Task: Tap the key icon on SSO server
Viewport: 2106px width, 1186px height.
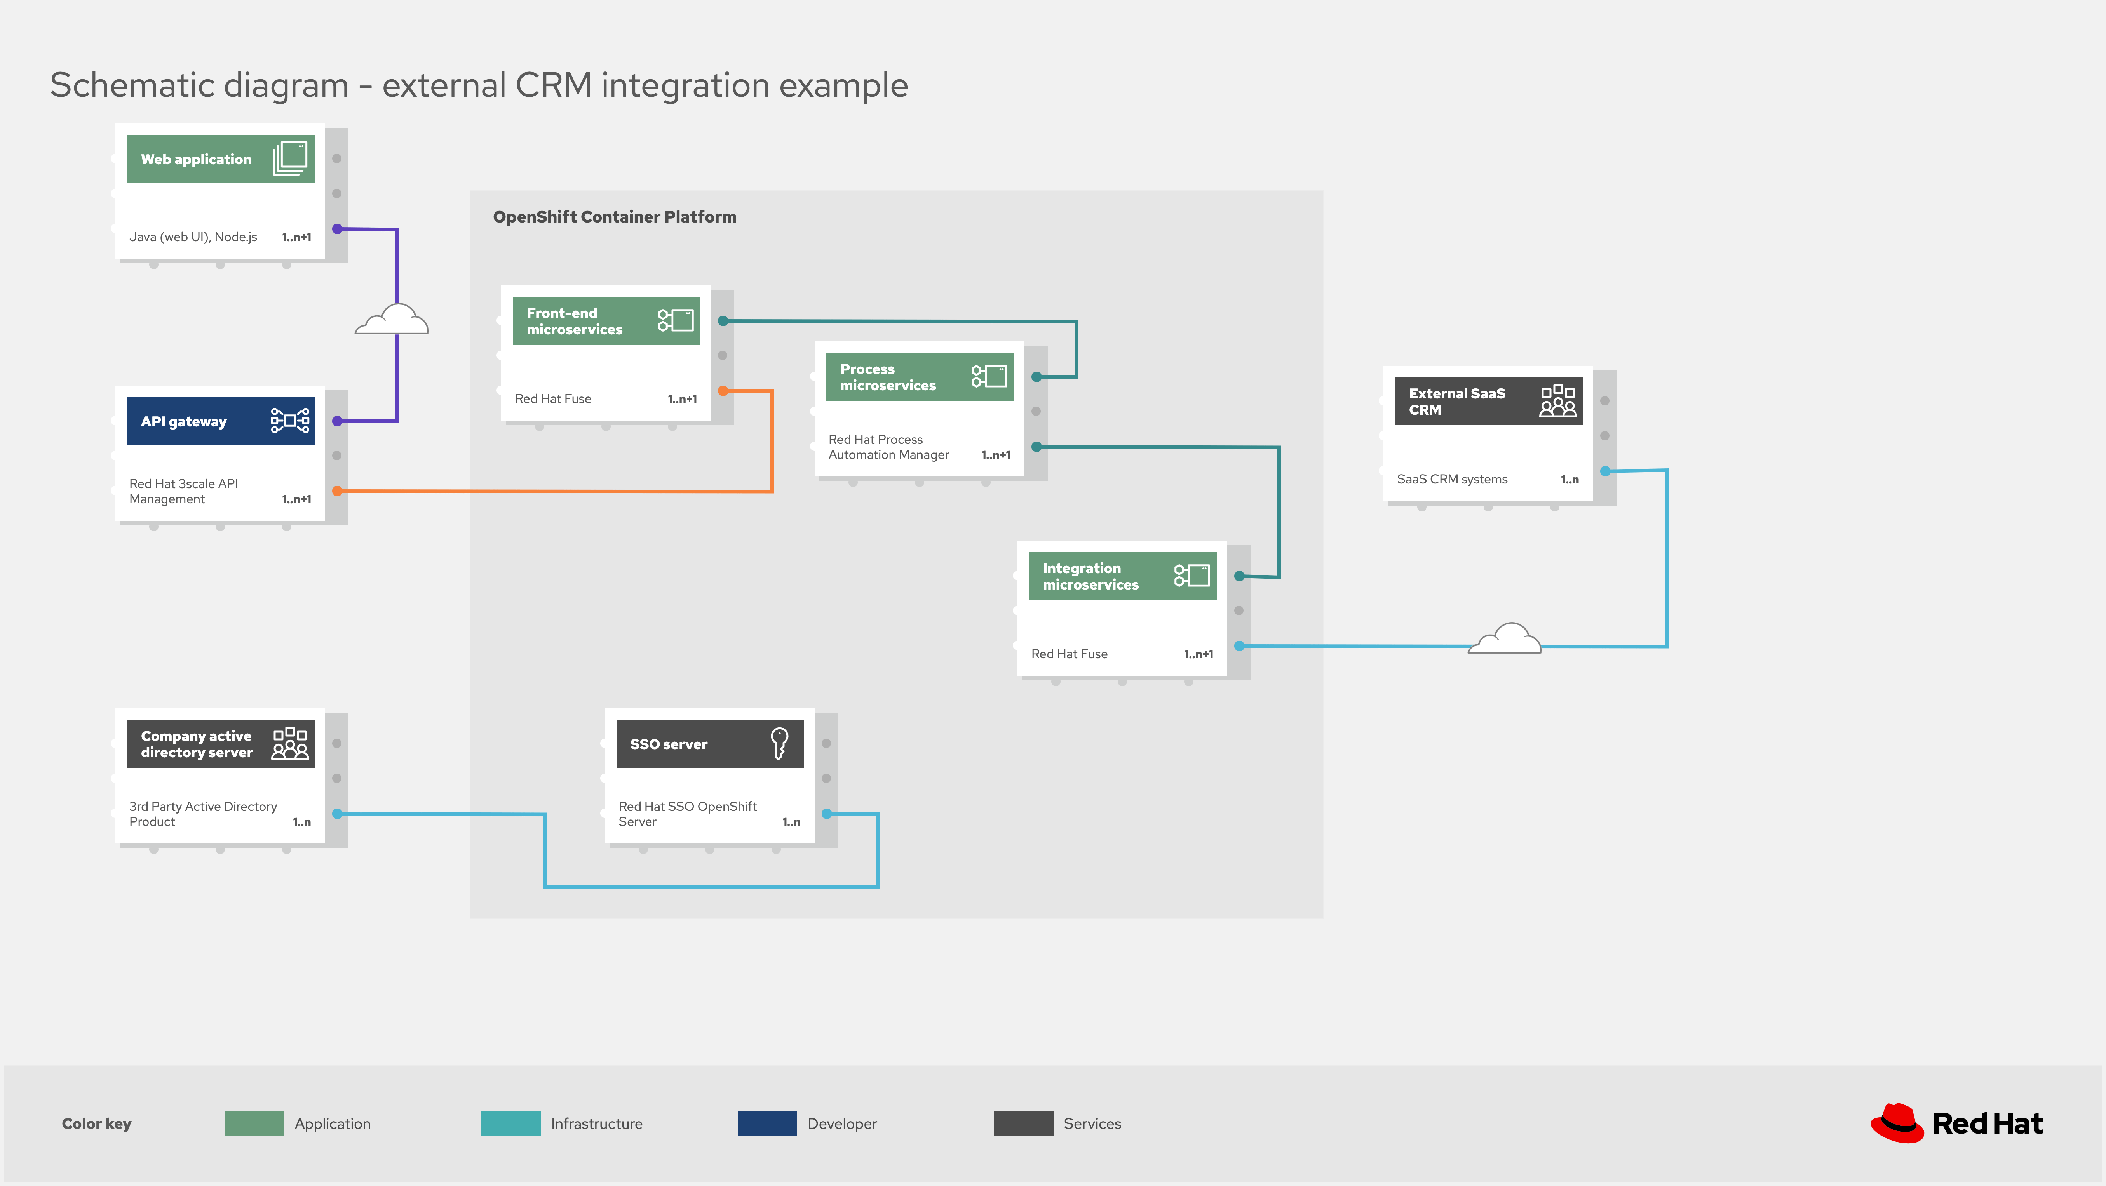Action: click(779, 743)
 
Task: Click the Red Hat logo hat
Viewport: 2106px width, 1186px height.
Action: click(1897, 1123)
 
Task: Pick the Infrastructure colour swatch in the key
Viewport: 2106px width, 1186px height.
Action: click(510, 1123)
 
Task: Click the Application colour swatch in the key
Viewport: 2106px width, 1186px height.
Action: click(254, 1123)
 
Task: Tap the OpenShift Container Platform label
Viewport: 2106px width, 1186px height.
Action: click(614, 217)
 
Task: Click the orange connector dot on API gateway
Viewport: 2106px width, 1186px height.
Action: click(337, 490)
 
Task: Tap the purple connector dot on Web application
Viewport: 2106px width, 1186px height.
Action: click(337, 229)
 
